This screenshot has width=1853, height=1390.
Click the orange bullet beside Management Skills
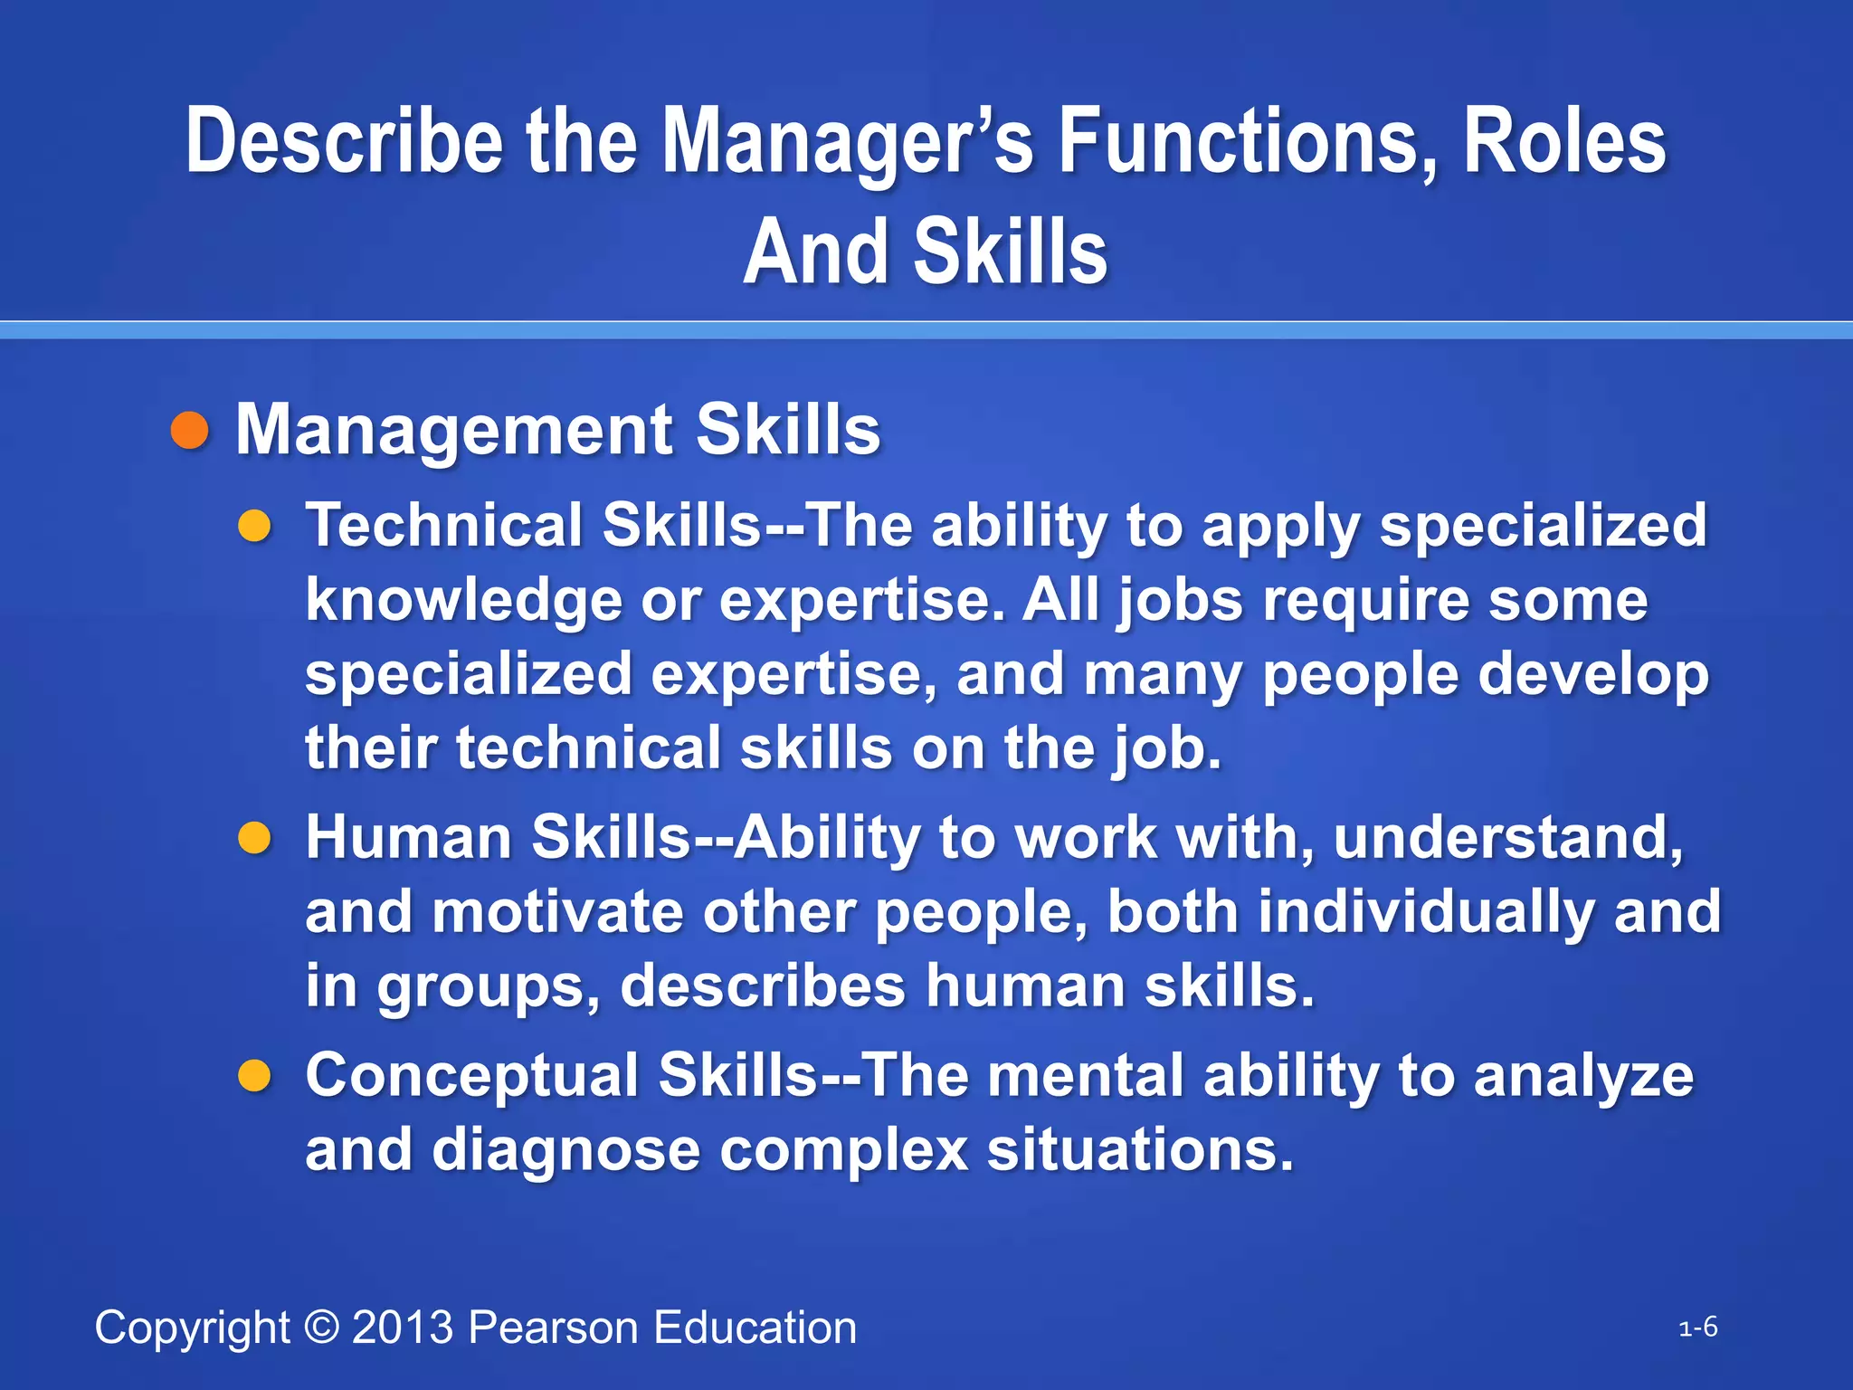(x=190, y=431)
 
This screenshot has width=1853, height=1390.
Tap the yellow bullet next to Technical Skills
(x=255, y=526)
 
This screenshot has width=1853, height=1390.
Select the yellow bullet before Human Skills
(x=255, y=838)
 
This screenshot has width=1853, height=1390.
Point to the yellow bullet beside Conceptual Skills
(x=255, y=1076)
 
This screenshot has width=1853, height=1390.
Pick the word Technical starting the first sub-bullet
(x=444, y=525)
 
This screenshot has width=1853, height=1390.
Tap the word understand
(x=1507, y=837)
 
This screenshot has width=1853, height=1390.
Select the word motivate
(x=557, y=911)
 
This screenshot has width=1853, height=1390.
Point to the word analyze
(x=1582, y=1076)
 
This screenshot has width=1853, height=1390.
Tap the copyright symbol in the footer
(x=321, y=1328)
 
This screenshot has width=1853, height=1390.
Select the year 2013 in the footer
(x=403, y=1328)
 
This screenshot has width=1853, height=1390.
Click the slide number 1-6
(x=1698, y=1328)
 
